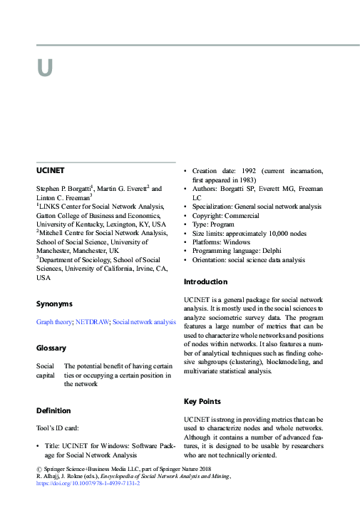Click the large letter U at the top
(45, 68)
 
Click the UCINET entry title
(50, 171)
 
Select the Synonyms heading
(54, 304)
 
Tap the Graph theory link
(54, 322)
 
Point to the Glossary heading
(51, 348)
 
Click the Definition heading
(53, 411)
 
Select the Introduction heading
(205, 282)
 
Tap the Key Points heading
(202, 402)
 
